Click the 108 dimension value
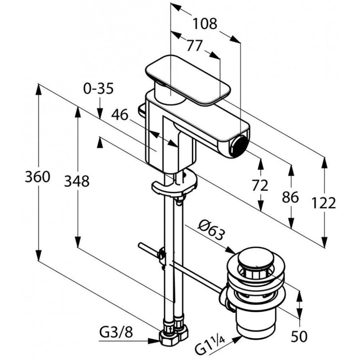coord(205,24)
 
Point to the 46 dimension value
coord(120,115)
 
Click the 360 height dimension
coord(37,177)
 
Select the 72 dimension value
coord(260,185)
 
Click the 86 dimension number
coord(291,197)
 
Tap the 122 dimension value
coord(324,203)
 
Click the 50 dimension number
coord(299,336)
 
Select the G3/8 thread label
coord(116,332)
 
